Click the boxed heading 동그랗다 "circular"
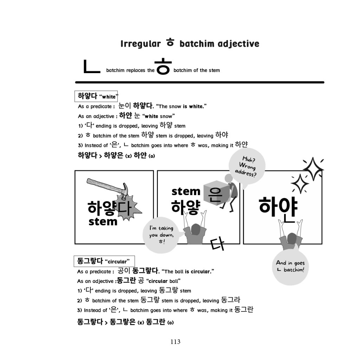pyautogui.click(x=104, y=261)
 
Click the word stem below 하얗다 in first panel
pyautogui.click(x=103, y=222)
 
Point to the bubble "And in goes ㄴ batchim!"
pyautogui.click(x=290, y=266)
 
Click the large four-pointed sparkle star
pyautogui.click(x=313, y=169)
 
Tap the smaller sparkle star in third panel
pyautogui.click(x=299, y=184)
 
